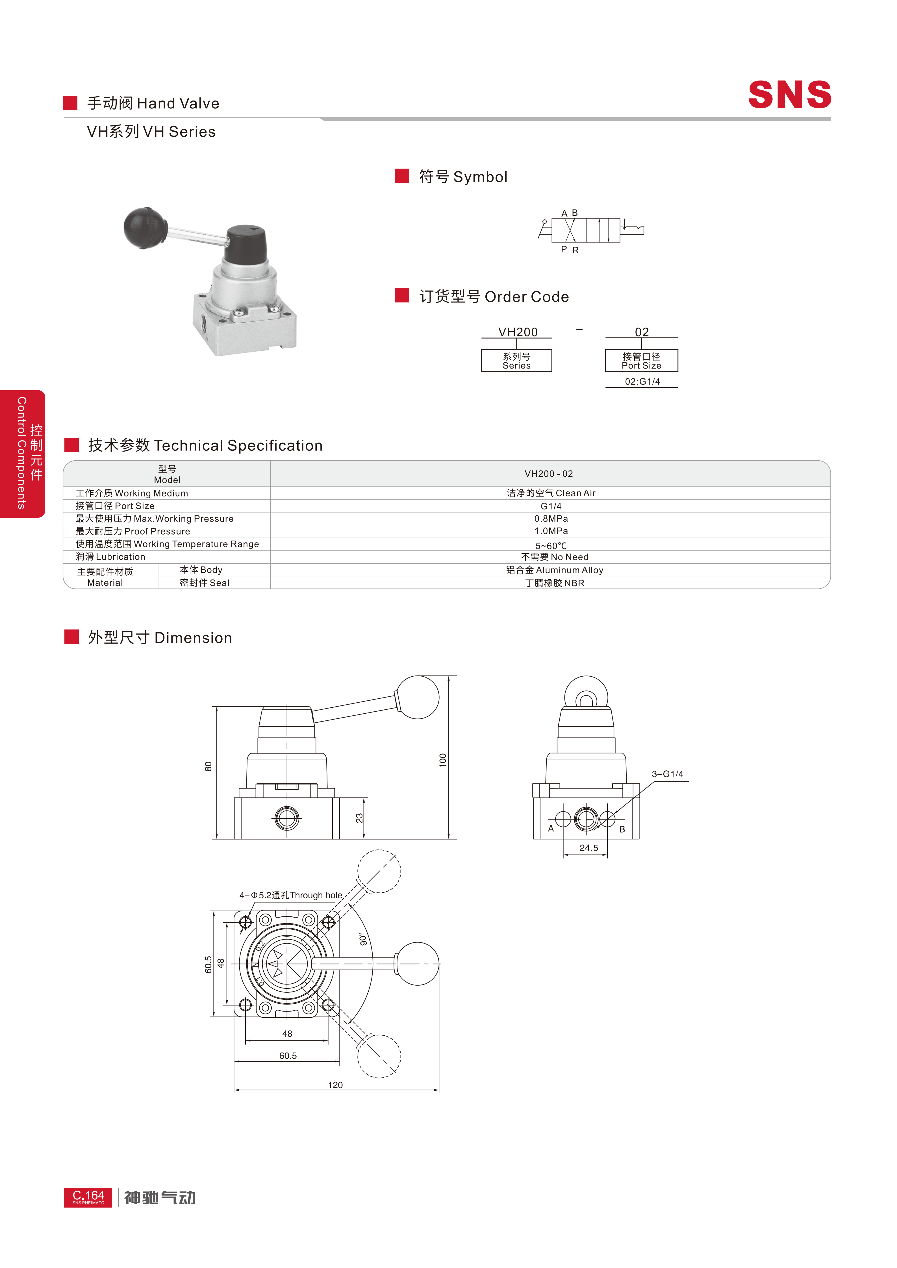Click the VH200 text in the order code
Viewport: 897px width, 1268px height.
518,332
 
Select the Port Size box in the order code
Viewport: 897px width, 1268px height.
641,361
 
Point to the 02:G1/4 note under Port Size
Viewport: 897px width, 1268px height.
642,382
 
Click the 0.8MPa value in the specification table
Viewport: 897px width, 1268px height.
551,518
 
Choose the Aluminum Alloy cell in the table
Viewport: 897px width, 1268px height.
555,570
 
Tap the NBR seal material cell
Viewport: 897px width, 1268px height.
555,583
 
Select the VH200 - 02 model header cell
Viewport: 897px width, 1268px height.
548,474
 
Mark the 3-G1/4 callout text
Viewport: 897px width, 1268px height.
667,774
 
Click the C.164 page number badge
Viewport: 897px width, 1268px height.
88,1197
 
